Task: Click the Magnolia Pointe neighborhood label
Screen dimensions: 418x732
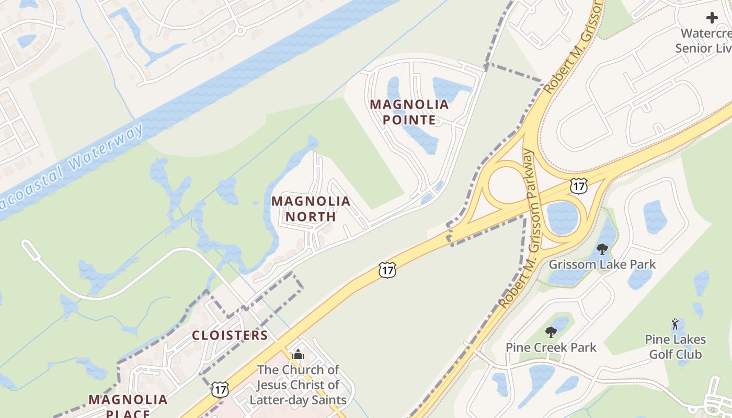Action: (409, 112)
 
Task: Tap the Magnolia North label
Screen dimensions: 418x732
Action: (311, 208)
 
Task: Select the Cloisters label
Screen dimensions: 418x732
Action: (230, 335)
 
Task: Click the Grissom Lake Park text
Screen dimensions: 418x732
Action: (602, 264)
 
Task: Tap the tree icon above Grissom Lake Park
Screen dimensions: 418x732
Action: (602, 249)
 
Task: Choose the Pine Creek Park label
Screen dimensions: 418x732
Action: (551, 347)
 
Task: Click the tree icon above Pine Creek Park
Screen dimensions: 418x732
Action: (551, 332)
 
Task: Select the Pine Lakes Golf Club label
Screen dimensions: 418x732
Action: (675, 347)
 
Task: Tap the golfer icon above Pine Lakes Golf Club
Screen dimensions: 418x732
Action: (675, 324)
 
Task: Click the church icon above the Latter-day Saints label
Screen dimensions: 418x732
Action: (298, 355)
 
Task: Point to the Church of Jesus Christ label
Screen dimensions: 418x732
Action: (298, 385)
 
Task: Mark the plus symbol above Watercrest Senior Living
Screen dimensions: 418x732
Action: (712, 18)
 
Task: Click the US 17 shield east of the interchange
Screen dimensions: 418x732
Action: (579, 185)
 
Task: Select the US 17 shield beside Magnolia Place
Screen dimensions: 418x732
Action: (220, 389)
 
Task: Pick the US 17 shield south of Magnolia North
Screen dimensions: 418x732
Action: (387, 270)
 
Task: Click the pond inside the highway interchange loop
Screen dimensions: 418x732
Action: (563, 217)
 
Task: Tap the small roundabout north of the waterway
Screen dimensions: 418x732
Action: (240, 31)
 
